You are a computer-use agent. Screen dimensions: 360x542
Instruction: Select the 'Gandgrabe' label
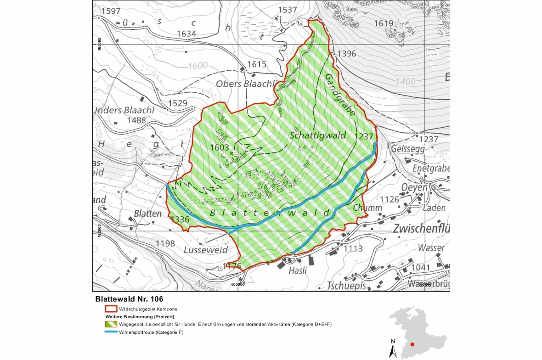point(340,96)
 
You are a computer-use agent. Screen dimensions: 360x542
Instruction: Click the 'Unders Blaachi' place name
point(124,110)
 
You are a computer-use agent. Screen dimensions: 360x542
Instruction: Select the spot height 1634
point(186,34)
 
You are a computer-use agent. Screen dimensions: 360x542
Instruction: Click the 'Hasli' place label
point(297,271)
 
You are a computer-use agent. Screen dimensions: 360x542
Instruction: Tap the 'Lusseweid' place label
point(206,250)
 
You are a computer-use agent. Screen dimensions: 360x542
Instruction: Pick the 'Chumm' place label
point(367,208)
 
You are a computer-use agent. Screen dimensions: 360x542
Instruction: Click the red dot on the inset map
point(412,344)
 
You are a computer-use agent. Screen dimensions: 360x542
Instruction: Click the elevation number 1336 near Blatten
point(180,219)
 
